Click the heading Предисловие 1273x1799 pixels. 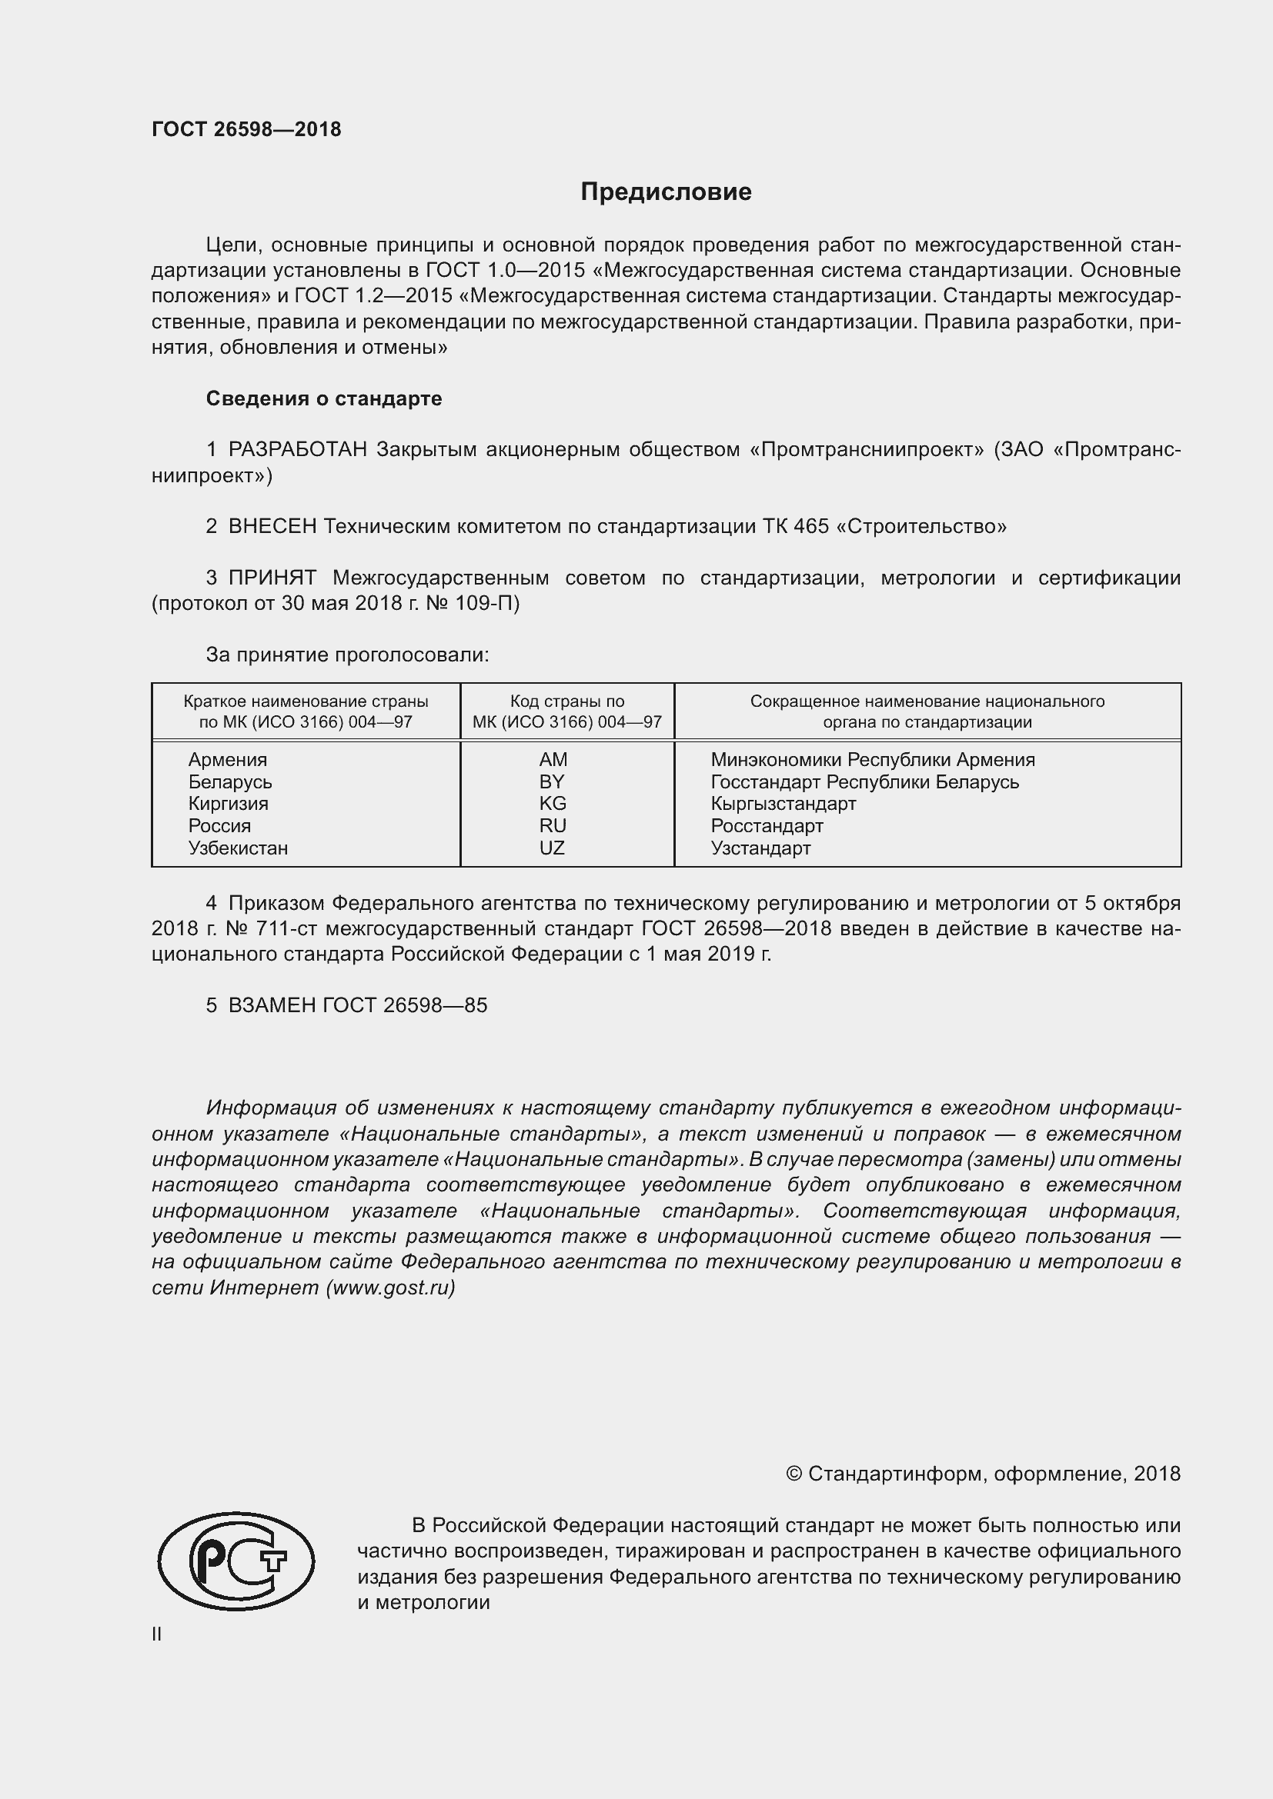666,192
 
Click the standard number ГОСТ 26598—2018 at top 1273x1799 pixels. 246,129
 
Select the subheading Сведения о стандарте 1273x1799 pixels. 324,399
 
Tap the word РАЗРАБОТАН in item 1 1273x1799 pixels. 298,450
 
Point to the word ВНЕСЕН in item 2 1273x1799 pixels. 272,527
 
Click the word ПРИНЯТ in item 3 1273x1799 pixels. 272,578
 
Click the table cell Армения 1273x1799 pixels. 227,759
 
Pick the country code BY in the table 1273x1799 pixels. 552,781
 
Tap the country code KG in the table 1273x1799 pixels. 552,803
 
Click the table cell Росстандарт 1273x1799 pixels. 767,825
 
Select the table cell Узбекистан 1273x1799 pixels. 238,848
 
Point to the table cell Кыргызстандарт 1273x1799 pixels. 783,803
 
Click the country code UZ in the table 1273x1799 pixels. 552,848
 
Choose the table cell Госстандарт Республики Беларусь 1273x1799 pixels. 864,781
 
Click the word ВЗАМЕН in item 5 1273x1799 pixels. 272,1005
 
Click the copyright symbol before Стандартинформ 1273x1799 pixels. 794,1474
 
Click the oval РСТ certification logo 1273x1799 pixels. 236,1561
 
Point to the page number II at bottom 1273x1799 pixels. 157,1634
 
